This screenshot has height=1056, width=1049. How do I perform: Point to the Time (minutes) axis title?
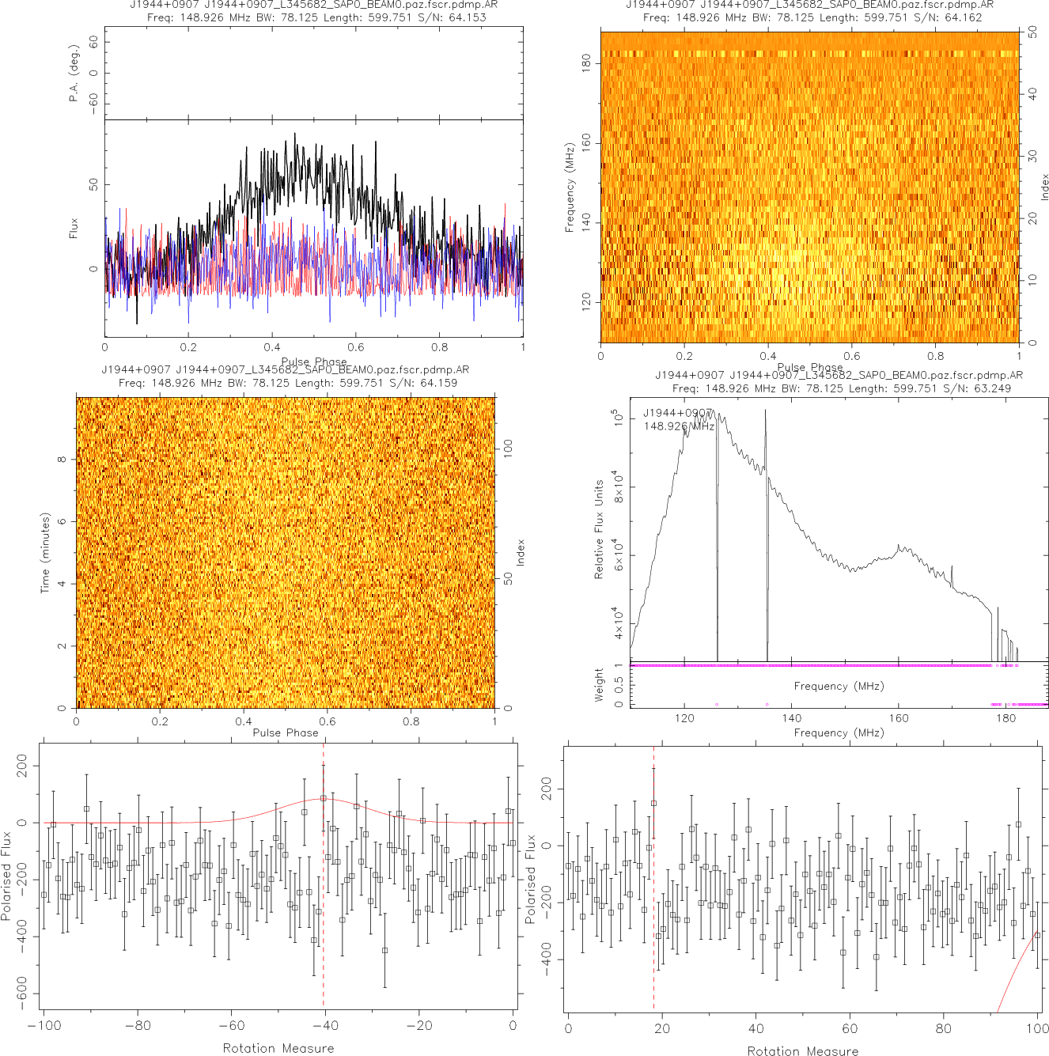(x=45, y=553)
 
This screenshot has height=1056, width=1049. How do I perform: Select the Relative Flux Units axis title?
(x=599, y=529)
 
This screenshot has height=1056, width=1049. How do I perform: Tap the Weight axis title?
(x=599, y=685)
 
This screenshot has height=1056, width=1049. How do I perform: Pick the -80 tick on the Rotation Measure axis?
(x=138, y=1026)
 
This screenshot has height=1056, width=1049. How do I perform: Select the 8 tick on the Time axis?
(x=62, y=460)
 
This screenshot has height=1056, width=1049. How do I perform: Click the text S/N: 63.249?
(x=977, y=388)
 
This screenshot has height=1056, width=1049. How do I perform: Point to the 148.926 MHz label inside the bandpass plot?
(x=679, y=426)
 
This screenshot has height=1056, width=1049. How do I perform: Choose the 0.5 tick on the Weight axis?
(x=619, y=683)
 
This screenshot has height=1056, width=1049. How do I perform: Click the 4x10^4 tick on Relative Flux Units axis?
(x=617, y=623)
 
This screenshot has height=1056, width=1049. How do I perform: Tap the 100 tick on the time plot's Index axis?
(x=509, y=448)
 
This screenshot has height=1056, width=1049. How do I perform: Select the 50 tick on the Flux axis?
(x=94, y=184)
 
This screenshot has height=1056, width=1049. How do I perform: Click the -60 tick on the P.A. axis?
(x=94, y=103)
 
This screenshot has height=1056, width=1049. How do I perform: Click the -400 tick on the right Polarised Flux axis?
(x=547, y=959)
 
